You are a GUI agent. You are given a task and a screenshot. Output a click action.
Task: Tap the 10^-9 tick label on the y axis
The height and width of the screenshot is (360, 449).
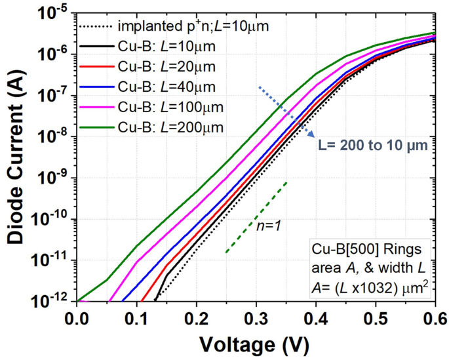click(54, 178)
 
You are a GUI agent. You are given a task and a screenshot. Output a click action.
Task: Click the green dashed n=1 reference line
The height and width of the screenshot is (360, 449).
click(256, 217)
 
